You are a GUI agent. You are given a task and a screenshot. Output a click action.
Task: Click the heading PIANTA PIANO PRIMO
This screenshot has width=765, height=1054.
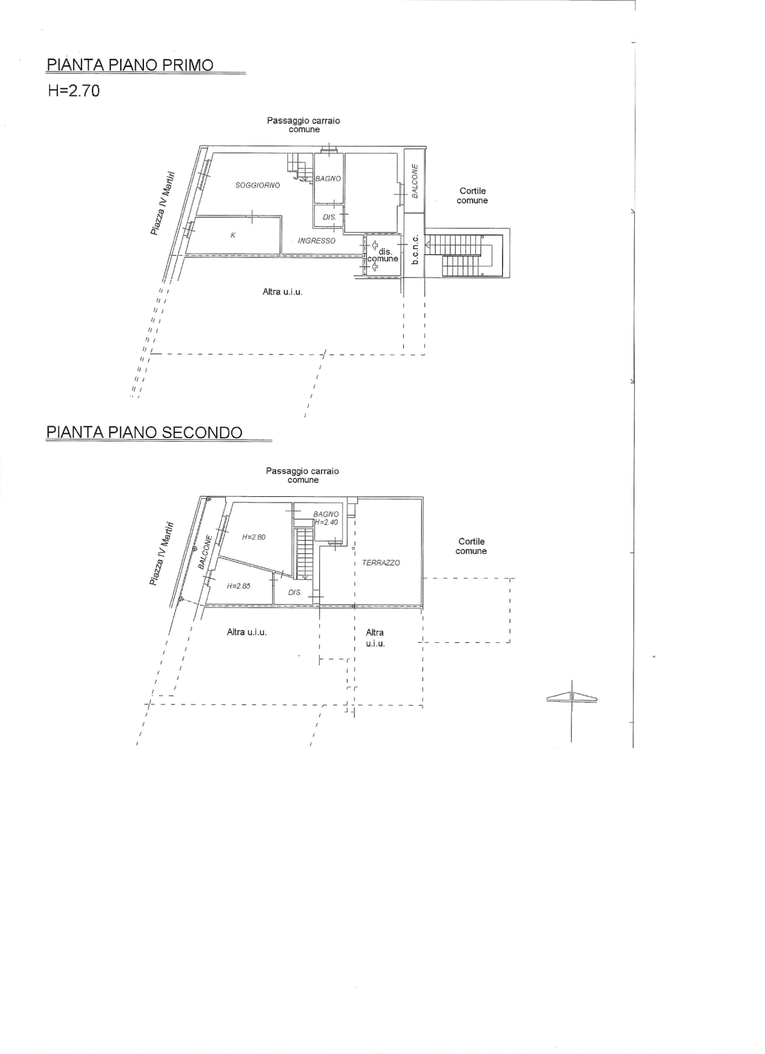[130, 65]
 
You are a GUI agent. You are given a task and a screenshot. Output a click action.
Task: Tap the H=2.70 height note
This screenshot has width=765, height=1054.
[74, 90]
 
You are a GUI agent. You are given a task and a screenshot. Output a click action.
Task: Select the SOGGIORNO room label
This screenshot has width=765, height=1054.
[258, 185]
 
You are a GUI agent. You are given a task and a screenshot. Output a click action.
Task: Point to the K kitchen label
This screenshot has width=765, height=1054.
[233, 235]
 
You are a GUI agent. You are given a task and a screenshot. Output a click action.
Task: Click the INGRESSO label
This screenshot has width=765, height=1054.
[316, 241]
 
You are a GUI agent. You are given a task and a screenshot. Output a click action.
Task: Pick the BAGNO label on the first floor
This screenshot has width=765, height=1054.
[327, 179]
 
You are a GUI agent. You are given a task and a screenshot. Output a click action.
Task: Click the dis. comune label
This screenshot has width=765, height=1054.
[382, 255]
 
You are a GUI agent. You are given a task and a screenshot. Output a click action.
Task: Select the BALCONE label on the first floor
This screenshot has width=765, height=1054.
[414, 181]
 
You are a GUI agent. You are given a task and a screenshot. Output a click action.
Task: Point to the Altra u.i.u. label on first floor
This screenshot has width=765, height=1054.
[282, 292]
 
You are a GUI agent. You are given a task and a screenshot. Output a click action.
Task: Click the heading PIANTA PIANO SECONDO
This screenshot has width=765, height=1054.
[145, 432]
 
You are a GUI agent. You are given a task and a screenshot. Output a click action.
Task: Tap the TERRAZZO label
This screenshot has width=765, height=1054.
[381, 563]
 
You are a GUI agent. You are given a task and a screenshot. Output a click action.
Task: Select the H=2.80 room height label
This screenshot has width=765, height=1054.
[254, 537]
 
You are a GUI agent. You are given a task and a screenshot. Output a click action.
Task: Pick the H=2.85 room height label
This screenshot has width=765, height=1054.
[239, 587]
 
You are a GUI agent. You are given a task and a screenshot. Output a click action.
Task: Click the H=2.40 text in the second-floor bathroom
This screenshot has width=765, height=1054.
[326, 522]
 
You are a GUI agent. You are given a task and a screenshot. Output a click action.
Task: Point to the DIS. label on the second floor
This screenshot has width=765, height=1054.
[295, 592]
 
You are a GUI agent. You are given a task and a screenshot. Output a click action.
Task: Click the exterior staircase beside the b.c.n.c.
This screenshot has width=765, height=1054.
[466, 254]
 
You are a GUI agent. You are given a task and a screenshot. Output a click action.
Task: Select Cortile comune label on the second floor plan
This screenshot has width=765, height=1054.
[471, 546]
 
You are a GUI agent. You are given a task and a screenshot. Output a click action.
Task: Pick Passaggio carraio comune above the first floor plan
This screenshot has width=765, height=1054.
[303, 125]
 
